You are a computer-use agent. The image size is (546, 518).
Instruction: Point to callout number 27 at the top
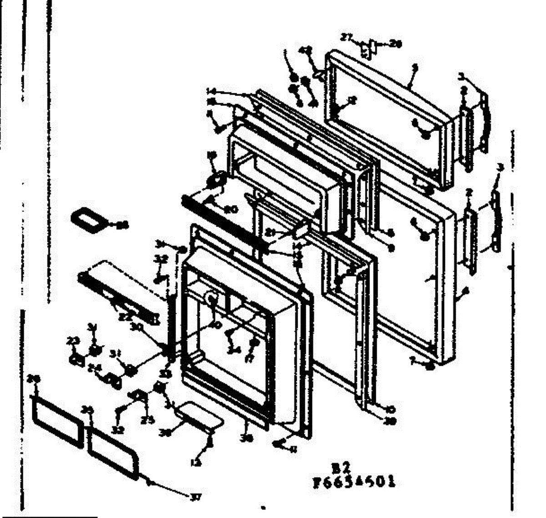click(x=347, y=38)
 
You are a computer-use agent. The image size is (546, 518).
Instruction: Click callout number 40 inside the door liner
click(x=216, y=325)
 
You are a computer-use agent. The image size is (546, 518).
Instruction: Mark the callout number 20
click(x=231, y=209)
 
